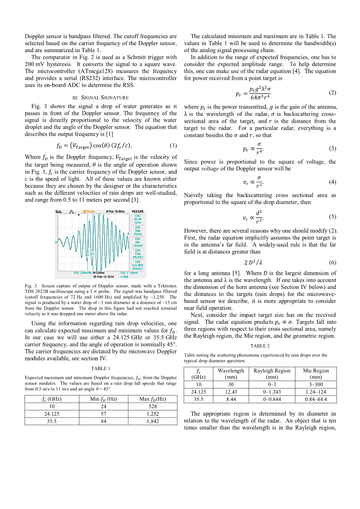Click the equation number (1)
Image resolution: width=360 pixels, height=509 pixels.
click(173, 146)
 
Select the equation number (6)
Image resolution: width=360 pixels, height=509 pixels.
click(332, 262)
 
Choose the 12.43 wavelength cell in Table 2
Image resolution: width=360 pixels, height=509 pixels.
click(231, 392)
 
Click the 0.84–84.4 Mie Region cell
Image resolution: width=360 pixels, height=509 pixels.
click(315, 399)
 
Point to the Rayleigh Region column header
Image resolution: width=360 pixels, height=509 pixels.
click(272, 374)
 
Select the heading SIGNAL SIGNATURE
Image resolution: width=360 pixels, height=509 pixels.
click(101, 98)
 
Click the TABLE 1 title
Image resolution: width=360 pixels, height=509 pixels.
click(101, 369)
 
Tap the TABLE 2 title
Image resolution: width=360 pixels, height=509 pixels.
click(260, 346)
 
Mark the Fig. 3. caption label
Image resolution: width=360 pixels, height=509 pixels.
click(32, 286)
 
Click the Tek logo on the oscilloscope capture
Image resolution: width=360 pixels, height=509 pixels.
click(58, 212)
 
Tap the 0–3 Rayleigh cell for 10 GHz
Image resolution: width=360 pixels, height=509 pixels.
click(272, 385)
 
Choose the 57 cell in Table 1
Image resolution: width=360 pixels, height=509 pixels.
click(104, 414)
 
